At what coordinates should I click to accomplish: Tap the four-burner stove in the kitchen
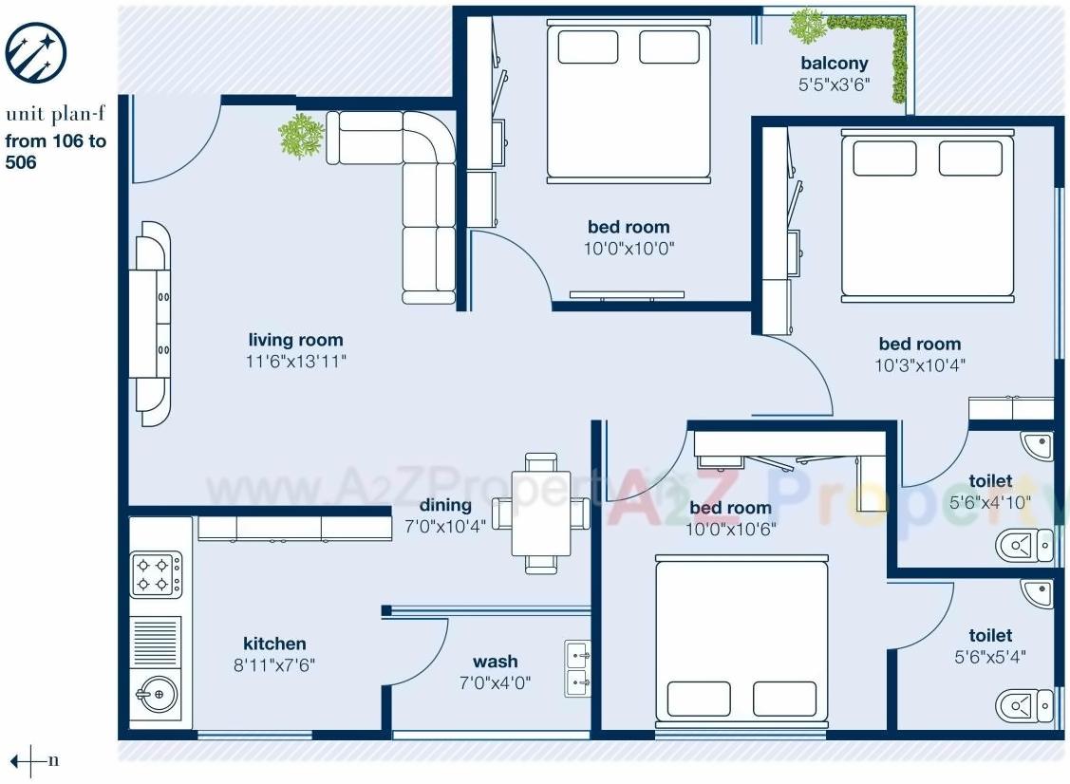tap(156, 575)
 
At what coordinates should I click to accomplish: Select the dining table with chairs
tap(540, 513)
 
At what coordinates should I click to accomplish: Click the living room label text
tap(295, 340)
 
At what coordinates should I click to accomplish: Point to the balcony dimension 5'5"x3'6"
tap(834, 84)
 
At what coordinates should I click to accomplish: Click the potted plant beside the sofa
tap(302, 136)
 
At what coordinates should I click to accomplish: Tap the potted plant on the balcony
tap(807, 26)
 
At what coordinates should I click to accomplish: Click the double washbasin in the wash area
tap(578, 668)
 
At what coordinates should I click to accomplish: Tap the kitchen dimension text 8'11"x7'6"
tap(274, 665)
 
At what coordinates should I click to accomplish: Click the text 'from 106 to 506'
tap(55, 152)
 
